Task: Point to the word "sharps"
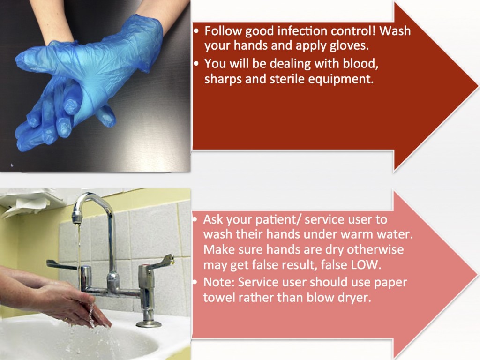pos(222,79)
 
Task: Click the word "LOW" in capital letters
pos(367,265)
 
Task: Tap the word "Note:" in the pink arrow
pos(218,282)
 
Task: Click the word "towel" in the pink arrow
pos(217,297)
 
